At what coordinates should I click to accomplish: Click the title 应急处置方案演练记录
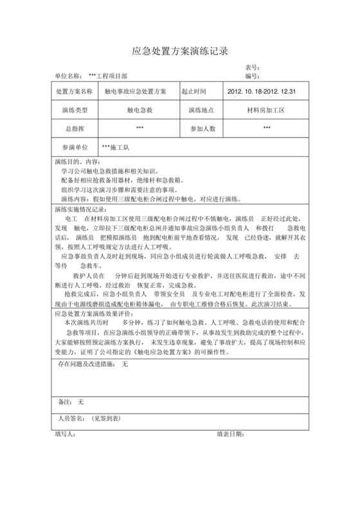180,51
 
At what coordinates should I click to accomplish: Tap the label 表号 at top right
252,68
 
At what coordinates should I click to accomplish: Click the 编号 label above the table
252,76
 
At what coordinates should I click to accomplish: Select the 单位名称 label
69,76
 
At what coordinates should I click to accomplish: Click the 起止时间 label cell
196,92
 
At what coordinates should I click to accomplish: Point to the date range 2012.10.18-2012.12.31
262,92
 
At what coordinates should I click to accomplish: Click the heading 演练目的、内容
77,163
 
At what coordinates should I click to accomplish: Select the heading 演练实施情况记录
82,209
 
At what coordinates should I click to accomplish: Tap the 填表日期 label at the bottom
230,434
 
